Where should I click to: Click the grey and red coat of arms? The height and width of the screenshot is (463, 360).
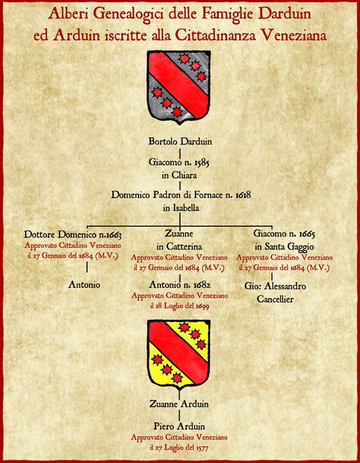click(179, 87)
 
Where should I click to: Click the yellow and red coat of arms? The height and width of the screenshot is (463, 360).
click(179, 354)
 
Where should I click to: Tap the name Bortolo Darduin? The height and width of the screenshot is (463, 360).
click(180, 141)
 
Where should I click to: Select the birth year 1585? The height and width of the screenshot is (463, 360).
click(201, 162)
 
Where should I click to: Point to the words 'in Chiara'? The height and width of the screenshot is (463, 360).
click(180, 175)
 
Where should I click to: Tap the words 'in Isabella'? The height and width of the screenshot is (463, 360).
click(181, 208)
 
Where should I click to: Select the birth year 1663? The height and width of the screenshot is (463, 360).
click(114, 235)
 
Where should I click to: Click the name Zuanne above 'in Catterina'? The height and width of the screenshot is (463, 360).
click(179, 234)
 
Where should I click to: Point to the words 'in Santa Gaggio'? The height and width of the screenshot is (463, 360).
click(284, 247)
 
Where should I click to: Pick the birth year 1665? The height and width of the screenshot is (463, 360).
click(307, 234)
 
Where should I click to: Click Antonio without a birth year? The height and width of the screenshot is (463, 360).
click(84, 284)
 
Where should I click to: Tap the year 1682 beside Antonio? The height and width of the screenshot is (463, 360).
click(202, 285)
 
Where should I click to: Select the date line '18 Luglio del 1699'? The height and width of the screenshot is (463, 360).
click(180, 307)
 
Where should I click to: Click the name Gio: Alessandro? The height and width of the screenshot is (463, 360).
click(275, 286)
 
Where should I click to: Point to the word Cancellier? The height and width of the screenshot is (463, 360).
click(275, 299)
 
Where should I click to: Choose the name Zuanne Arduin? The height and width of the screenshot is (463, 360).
click(179, 403)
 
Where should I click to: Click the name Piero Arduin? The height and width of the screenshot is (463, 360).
click(179, 426)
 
